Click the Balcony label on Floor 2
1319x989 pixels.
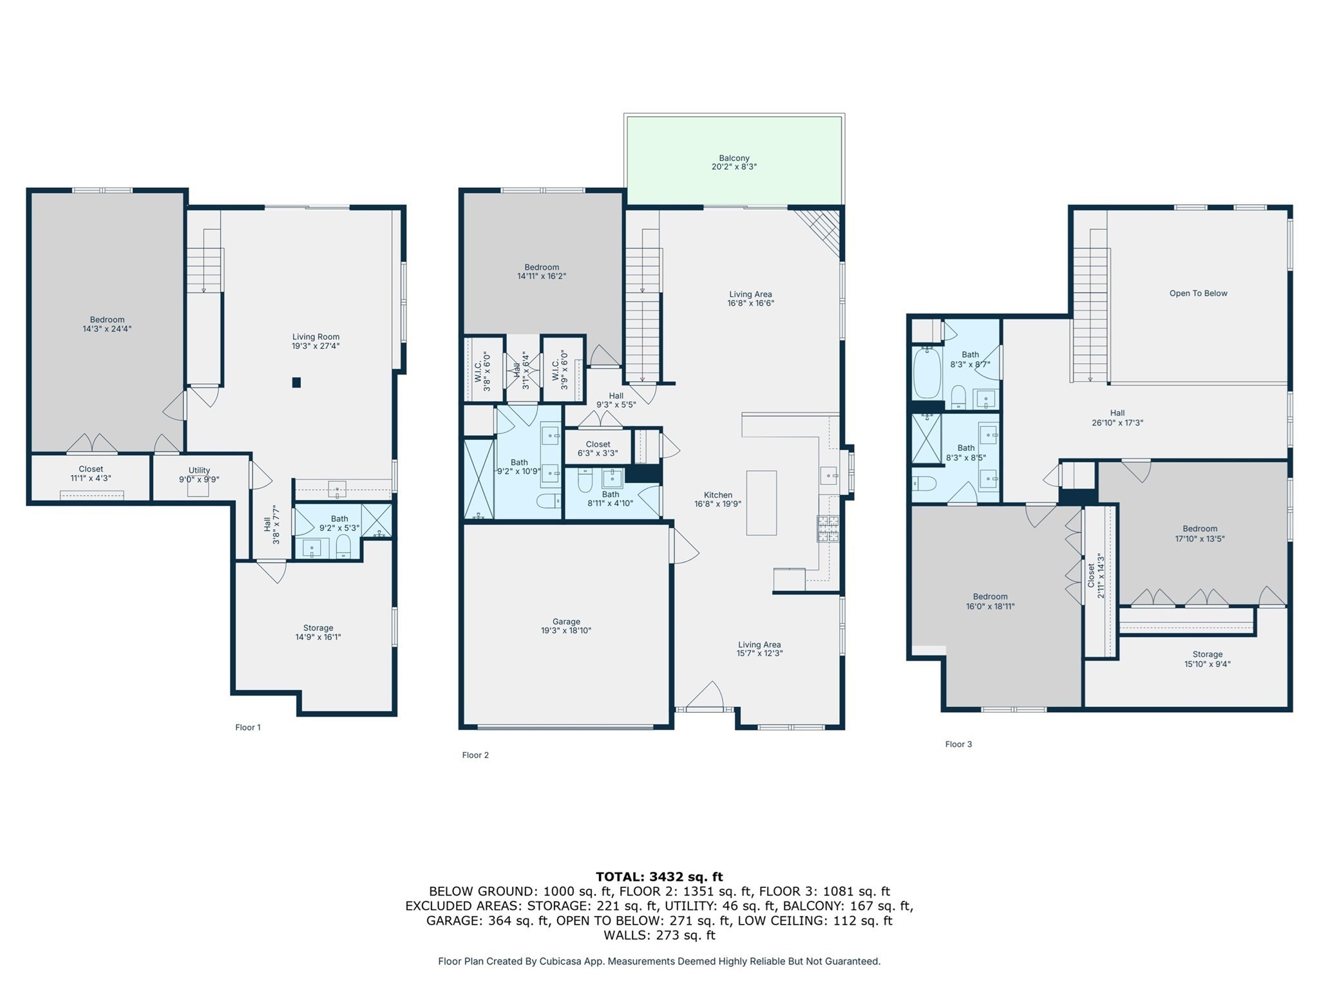734,162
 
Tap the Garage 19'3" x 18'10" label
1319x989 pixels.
565,626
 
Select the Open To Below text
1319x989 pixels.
1198,293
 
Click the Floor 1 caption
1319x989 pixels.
248,728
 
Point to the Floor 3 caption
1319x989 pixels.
958,744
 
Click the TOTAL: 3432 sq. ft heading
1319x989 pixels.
659,876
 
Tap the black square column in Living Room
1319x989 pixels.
296,382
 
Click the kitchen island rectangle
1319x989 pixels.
761,503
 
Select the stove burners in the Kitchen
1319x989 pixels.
828,529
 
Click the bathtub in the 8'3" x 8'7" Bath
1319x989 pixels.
926,373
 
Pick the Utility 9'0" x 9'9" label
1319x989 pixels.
199,475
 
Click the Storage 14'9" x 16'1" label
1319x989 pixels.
318,632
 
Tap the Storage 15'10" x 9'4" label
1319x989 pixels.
1207,659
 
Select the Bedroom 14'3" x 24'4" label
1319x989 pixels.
107,324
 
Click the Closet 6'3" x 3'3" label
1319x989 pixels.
598,448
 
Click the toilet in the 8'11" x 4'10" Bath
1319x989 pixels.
585,480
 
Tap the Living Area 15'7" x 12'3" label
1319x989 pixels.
759,648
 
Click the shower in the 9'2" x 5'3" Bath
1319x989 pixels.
376,520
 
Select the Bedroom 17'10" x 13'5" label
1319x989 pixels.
1199,533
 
